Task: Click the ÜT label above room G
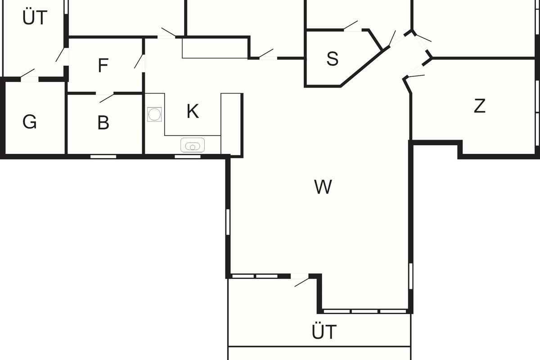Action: [35, 18]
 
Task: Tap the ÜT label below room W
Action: [324, 332]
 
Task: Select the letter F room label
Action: [103, 66]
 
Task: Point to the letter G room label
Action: [30, 122]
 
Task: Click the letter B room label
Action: [103, 122]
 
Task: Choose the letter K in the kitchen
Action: [193, 111]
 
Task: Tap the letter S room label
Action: [332, 58]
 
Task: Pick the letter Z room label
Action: [480, 106]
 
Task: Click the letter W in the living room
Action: [323, 187]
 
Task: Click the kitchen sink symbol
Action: [193, 145]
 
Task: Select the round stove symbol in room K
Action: [154, 114]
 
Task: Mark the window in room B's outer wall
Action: [103, 157]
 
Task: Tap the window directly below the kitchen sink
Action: [188, 157]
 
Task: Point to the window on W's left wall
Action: [228, 222]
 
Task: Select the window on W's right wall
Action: [410, 275]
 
